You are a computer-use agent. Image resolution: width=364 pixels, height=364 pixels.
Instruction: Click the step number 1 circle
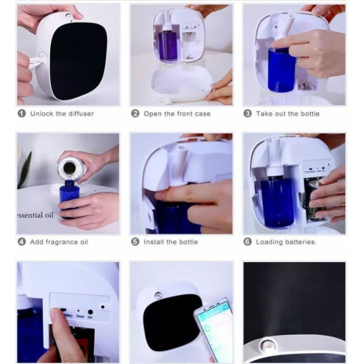click(22, 113)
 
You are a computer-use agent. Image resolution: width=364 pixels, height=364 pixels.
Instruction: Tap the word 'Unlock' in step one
click(42, 113)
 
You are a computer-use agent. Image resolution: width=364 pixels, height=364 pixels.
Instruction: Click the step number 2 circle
click(135, 113)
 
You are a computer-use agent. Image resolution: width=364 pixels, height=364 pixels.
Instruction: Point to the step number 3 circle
click(248, 113)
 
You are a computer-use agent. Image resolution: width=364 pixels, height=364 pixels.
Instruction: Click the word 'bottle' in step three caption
click(310, 114)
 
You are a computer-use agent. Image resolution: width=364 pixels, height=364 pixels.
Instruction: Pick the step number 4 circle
click(22, 242)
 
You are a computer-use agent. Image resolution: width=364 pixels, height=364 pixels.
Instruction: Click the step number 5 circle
click(135, 242)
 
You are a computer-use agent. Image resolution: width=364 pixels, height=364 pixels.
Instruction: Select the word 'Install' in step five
click(154, 242)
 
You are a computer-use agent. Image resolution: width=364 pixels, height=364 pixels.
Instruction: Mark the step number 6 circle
click(248, 242)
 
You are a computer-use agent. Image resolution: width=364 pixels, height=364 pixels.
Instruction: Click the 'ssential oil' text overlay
click(36, 215)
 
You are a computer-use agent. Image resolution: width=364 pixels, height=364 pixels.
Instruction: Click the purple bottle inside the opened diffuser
click(167, 43)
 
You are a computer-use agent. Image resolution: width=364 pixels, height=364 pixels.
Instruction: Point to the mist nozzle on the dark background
click(267, 346)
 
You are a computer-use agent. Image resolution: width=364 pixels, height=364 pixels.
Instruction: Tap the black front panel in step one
click(78, 59)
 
